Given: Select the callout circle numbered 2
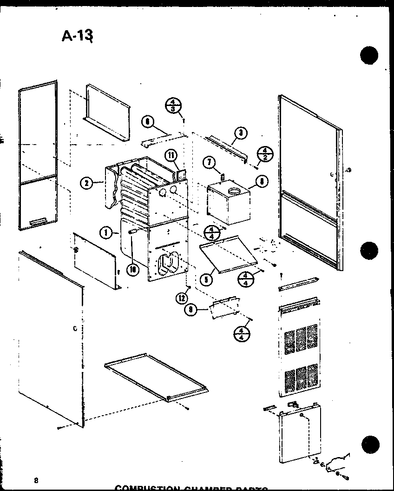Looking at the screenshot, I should click(85, 183).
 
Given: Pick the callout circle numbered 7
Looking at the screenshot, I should click(210, 162).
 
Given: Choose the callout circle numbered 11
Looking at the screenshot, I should click(171, 156).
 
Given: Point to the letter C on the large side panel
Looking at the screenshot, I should click(75, 329).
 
